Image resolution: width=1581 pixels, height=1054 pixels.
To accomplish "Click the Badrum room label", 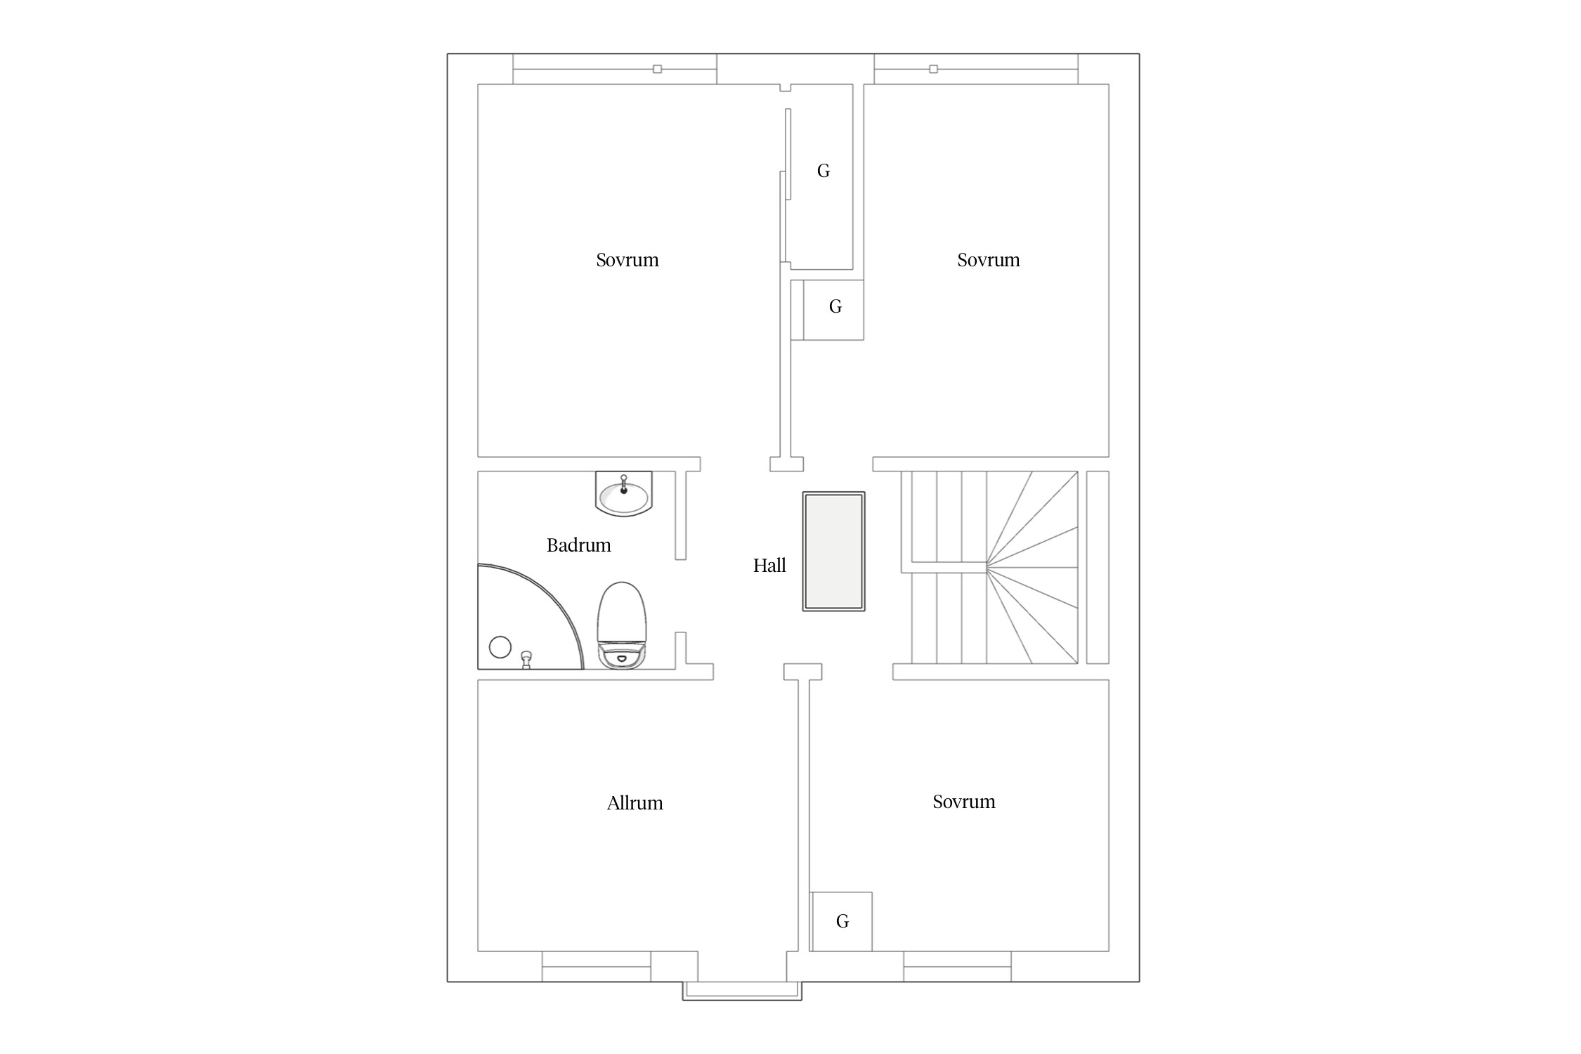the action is click(x=578, y=545).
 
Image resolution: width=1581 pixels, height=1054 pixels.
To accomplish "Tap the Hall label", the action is click(x=769, y=566).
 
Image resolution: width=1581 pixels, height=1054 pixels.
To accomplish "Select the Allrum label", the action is click(x=635, y=803).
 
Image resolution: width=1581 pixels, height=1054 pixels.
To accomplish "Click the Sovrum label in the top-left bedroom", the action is click(x=627, y=260).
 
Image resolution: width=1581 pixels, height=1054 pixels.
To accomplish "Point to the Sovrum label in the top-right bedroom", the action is click(x=988, y=260).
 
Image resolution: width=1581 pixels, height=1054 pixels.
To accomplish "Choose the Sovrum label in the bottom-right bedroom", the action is click(x=963, y=802).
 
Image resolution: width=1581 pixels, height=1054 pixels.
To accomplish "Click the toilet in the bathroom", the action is click(x=621, y=625).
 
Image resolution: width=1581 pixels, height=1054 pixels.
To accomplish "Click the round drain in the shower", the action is click(x=500, y=647).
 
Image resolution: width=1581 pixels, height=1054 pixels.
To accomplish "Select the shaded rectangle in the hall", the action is click(x=834, y=552).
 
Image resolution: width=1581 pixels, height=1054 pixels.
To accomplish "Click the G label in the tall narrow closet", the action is click(x=824, y=171).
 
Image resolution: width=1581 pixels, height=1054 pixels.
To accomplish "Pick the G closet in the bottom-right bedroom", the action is click(x=842, y=921).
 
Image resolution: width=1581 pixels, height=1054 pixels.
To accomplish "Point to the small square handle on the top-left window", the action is click(x=658, y=69).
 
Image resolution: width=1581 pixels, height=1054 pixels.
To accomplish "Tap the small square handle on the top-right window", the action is click(x=933, y=69).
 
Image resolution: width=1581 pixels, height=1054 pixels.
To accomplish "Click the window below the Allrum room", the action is click(x=597, y=967).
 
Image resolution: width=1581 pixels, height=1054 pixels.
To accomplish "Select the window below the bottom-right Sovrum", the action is click(x=957, y=967).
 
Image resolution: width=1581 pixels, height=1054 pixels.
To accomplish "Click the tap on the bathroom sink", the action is click(x=623, y=485).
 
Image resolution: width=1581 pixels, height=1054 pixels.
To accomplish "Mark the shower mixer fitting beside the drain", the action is click(x=526, y=660).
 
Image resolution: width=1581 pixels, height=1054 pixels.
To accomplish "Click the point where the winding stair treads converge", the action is click(x=987, y=566).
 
